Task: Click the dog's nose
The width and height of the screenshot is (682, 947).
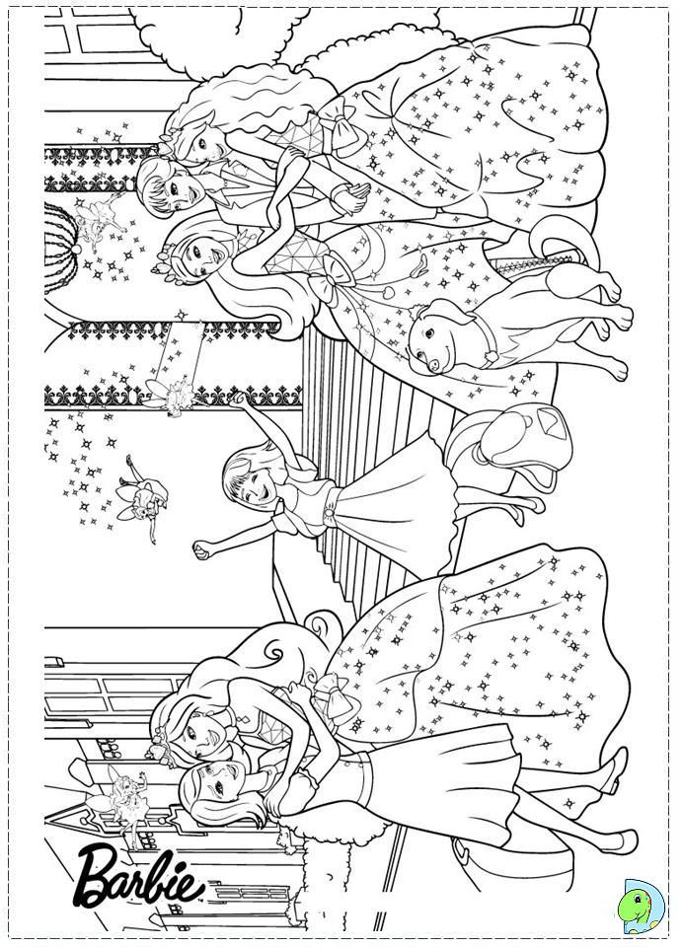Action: point(433,364)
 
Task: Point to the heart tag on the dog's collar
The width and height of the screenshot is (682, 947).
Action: point(491,355)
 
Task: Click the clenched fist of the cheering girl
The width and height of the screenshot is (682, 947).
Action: point(200,550)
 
